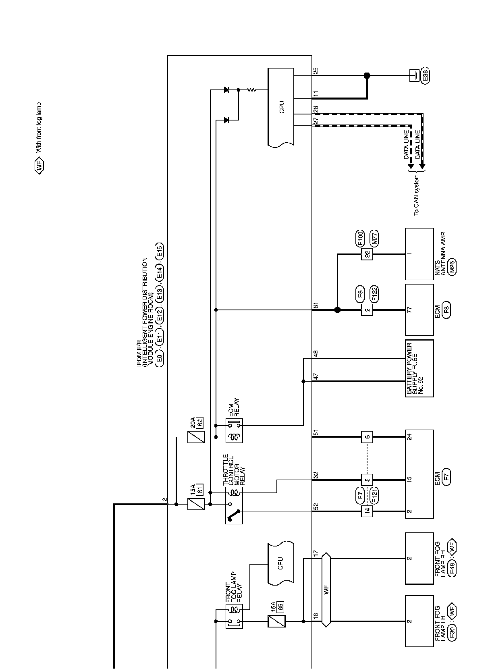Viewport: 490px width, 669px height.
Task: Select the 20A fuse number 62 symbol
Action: (x=196, y=437)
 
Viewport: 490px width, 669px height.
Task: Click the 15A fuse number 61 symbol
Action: (x=196, y=504)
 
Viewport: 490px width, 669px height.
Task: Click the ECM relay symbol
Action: (x=234, y=431)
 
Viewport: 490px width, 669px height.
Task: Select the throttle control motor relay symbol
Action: (x=234, y=504)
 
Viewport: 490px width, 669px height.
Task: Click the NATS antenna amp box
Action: (x=419, y=254)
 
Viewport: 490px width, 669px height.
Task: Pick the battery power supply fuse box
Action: (x=419, y=368)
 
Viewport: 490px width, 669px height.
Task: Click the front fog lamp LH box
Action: (x=419, y=621)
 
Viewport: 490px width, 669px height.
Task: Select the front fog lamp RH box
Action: (x=419, y=558)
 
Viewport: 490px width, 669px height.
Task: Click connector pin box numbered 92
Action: (x=367, y=254)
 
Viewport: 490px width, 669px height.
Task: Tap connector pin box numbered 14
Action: (x=367, y=511)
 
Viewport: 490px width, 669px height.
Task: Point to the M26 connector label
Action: (x=452, y=267)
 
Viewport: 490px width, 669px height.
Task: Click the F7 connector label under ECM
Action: (x=446, y=476)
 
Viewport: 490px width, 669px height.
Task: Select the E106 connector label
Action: (x=360, y=238)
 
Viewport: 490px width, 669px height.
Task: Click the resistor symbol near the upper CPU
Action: (x=252, y=90)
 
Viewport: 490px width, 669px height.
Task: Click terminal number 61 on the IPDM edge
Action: (x=316, y=305)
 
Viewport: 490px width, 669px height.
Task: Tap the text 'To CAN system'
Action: (x=416, y=195)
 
